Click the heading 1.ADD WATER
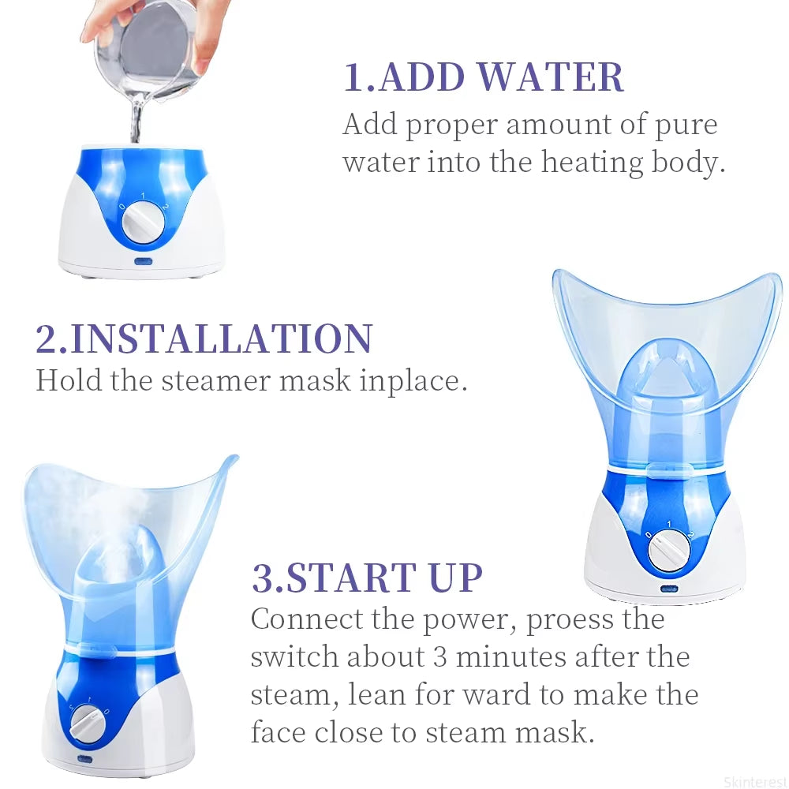pyautogui.click(x=484, y=77)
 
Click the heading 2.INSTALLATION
pyautogui.click(x=204, y=338)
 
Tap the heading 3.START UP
pyautogui.click(x=367, y=578)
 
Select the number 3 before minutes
pyautogui.click(x=440, y=657)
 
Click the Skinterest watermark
pyautogui.click(x=754, y=783)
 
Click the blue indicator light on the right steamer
pyautogui.click(x=669, y=589)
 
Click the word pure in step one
pyautogui.click(x=685, y=125)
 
